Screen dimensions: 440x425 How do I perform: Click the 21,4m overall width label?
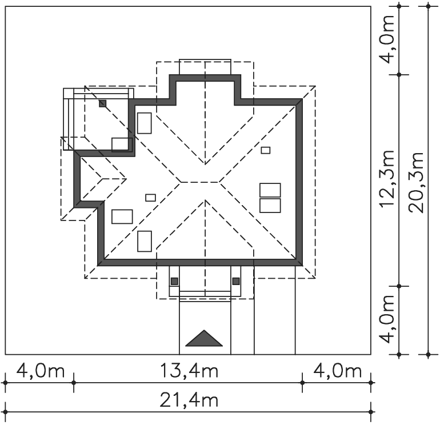189,400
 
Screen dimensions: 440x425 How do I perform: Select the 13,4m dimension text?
189,371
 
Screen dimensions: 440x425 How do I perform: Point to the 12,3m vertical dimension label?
387,179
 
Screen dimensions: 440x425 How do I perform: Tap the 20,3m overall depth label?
415,182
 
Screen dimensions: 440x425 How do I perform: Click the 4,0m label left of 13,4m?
41,371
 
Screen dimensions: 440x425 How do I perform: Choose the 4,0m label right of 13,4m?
337,371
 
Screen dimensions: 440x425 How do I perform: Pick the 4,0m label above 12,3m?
387,39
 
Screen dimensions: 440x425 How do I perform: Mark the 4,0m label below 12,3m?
387,319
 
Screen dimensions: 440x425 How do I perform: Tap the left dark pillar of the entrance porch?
174,281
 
